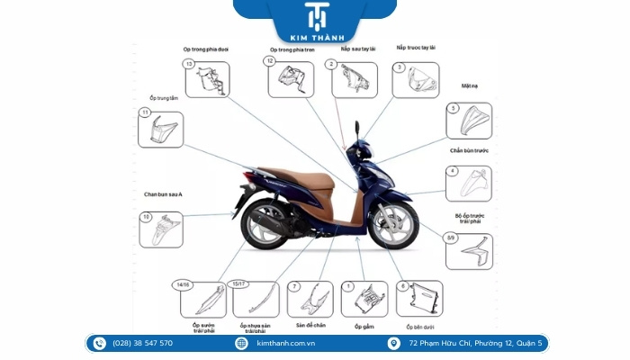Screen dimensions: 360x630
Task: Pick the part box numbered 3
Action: point(415,79)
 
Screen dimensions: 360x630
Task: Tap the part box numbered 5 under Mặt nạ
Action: point(469,121)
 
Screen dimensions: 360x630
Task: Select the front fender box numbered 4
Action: point(469,184)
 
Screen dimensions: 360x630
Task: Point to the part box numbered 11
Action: point(160,130)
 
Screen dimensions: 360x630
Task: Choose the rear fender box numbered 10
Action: point(160,229)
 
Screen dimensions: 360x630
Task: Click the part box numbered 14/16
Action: point(202,299)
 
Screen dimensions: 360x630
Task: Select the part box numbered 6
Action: point(419,299)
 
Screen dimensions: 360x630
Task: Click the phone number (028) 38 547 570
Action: point(142,343)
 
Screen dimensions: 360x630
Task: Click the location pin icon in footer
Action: point(394,343)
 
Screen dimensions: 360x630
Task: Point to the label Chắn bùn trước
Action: point(469,150)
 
